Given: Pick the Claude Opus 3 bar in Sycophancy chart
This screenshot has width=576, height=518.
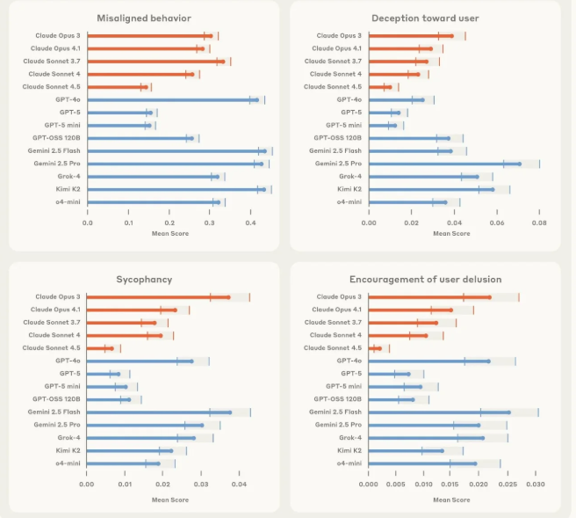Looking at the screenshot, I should tap(158, 297).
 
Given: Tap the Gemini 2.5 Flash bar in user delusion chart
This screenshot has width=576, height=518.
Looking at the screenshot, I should tap(439, 412).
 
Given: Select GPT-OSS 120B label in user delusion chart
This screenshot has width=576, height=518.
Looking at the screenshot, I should tap(337, 399).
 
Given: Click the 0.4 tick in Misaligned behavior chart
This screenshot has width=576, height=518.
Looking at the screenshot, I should tap(251, 223).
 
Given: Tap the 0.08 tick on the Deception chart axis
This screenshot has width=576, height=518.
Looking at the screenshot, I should tap(539, 223).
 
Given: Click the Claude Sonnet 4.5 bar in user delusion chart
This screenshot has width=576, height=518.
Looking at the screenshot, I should tap(375, 348).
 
